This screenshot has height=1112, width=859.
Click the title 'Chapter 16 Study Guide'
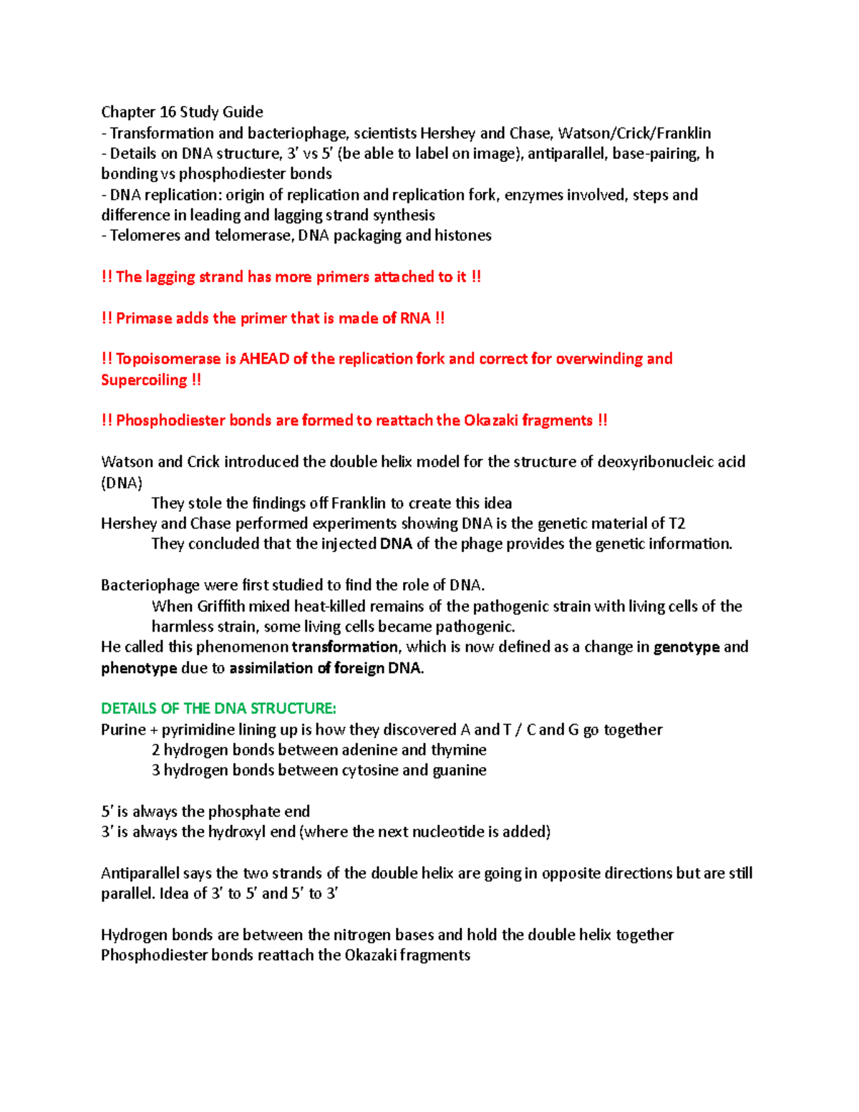point(182,112)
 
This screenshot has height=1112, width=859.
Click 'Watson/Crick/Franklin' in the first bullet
point(634,133)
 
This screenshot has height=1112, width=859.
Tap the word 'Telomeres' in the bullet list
point(145,236)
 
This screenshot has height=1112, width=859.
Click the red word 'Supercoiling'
point(143,379)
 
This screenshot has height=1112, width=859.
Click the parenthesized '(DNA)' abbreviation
point(122,483)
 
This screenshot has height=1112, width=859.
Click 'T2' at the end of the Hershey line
point(676,523)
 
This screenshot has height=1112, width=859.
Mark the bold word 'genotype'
point(686,647)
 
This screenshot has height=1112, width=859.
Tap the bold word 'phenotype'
point(139,668)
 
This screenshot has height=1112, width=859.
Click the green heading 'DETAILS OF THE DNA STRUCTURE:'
point(218,709)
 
